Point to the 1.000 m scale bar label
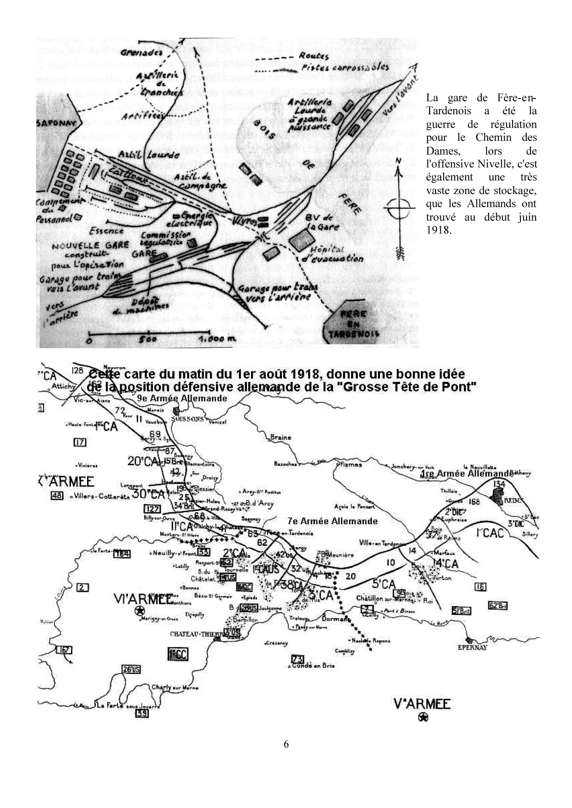(x=216, y=340)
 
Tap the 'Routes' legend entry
(x=314, y=56)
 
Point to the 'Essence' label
(x=106, y=231)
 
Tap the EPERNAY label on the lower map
(x=472, y=647)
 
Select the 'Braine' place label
(x=280, y=437)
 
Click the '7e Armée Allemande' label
(x=332, y=521)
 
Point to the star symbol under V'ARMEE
(x=423, y=717)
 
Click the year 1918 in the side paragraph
(x=438, y=230)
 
